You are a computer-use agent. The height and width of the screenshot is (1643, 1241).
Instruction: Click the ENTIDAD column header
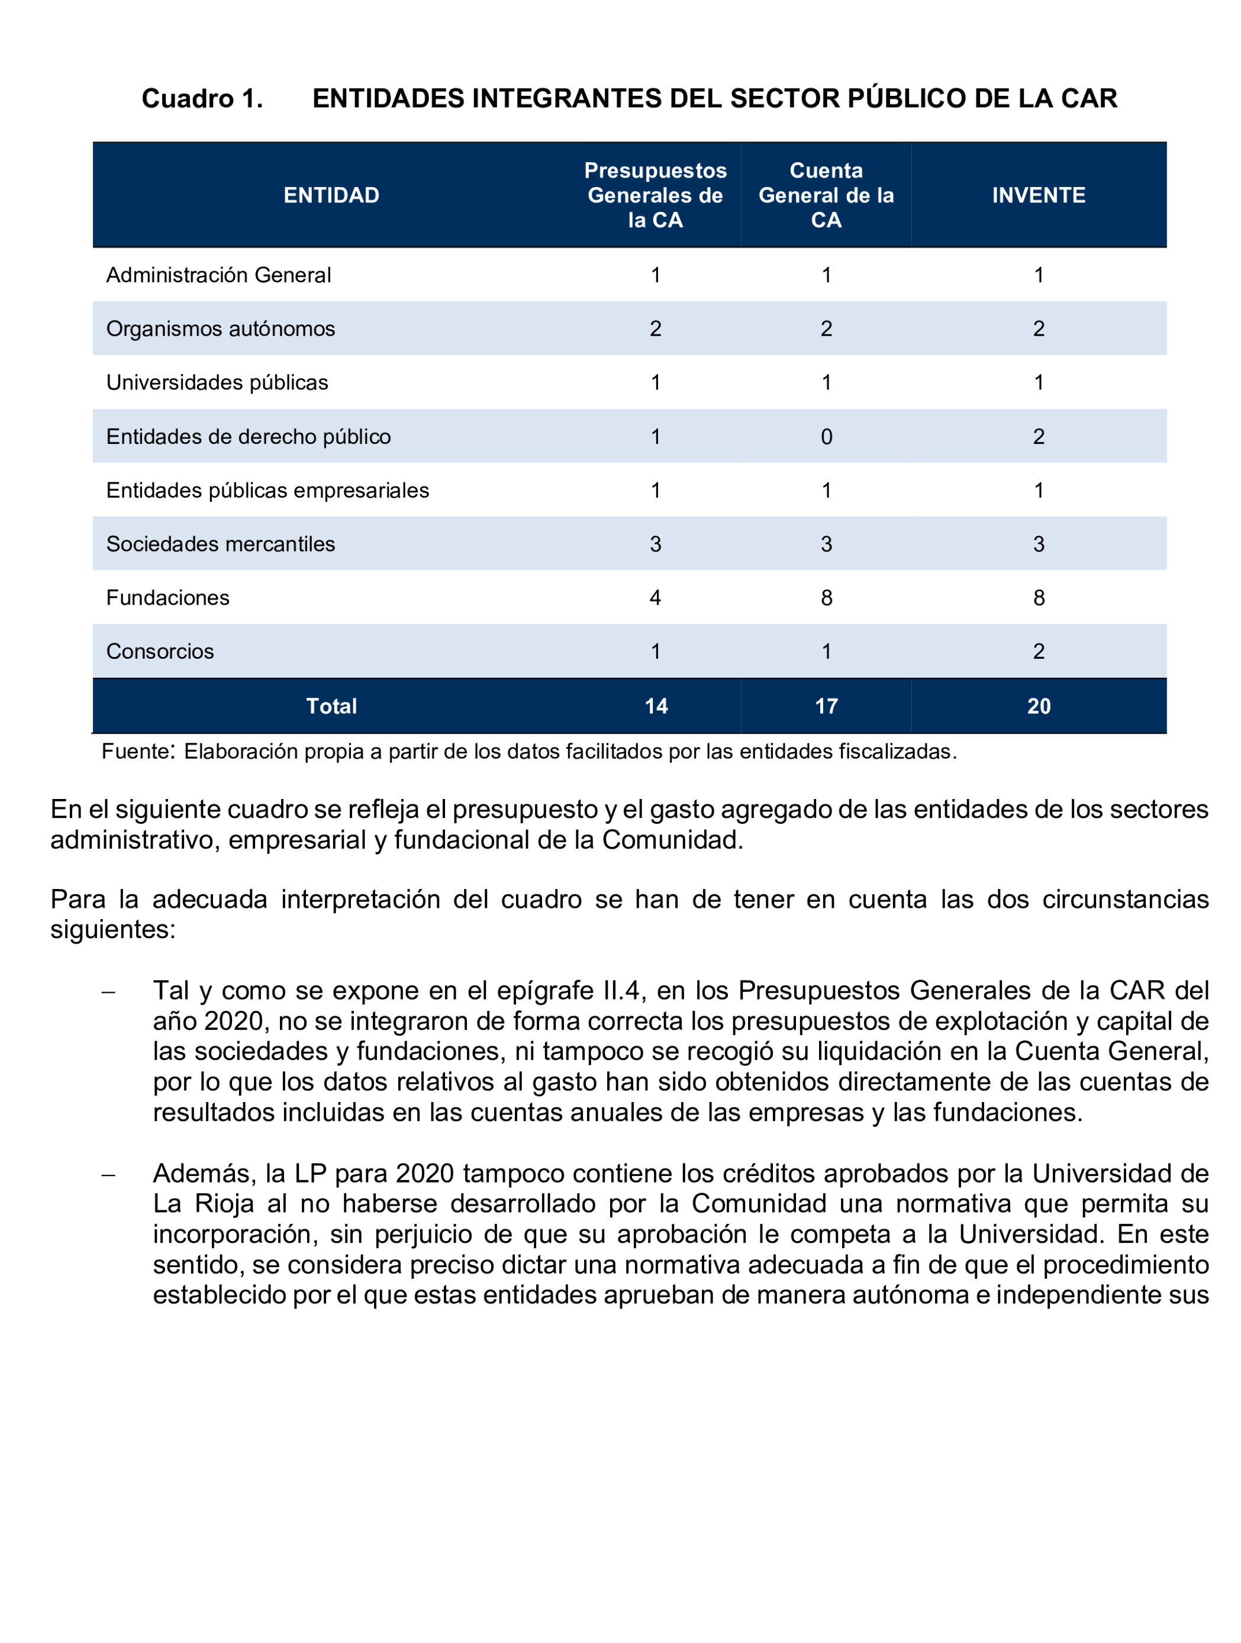coord(331,195)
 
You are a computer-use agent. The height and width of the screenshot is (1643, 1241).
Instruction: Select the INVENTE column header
coord(1038,195)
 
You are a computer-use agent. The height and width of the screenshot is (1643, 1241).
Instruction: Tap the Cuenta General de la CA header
coord(826,195)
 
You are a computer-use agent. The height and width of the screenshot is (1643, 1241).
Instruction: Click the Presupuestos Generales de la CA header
coord(655,195)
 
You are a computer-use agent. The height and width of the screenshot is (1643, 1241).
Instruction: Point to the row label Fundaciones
coord(168,598)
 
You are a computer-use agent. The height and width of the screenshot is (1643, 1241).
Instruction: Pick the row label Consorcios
coord(160,652)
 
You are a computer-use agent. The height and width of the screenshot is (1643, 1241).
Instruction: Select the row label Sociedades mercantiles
coord(221,545)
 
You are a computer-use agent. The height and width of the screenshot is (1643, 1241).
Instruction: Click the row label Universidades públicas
coord(217,382)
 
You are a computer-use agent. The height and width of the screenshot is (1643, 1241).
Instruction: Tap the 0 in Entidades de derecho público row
coord(826,437)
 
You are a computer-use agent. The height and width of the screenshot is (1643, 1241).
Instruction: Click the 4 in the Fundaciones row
coord(655,598)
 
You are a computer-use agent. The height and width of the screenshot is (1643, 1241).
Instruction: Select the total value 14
coord(656,706)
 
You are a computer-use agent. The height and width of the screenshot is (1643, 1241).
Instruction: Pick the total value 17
coord(826,706)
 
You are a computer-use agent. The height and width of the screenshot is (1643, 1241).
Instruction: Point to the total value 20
coord(1038,706)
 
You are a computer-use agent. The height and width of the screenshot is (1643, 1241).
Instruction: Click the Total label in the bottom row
coord(331,706)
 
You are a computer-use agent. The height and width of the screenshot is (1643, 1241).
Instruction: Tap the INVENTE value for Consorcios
coord(1038,652)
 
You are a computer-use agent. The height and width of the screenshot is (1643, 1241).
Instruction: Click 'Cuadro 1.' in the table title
coord(202,99)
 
